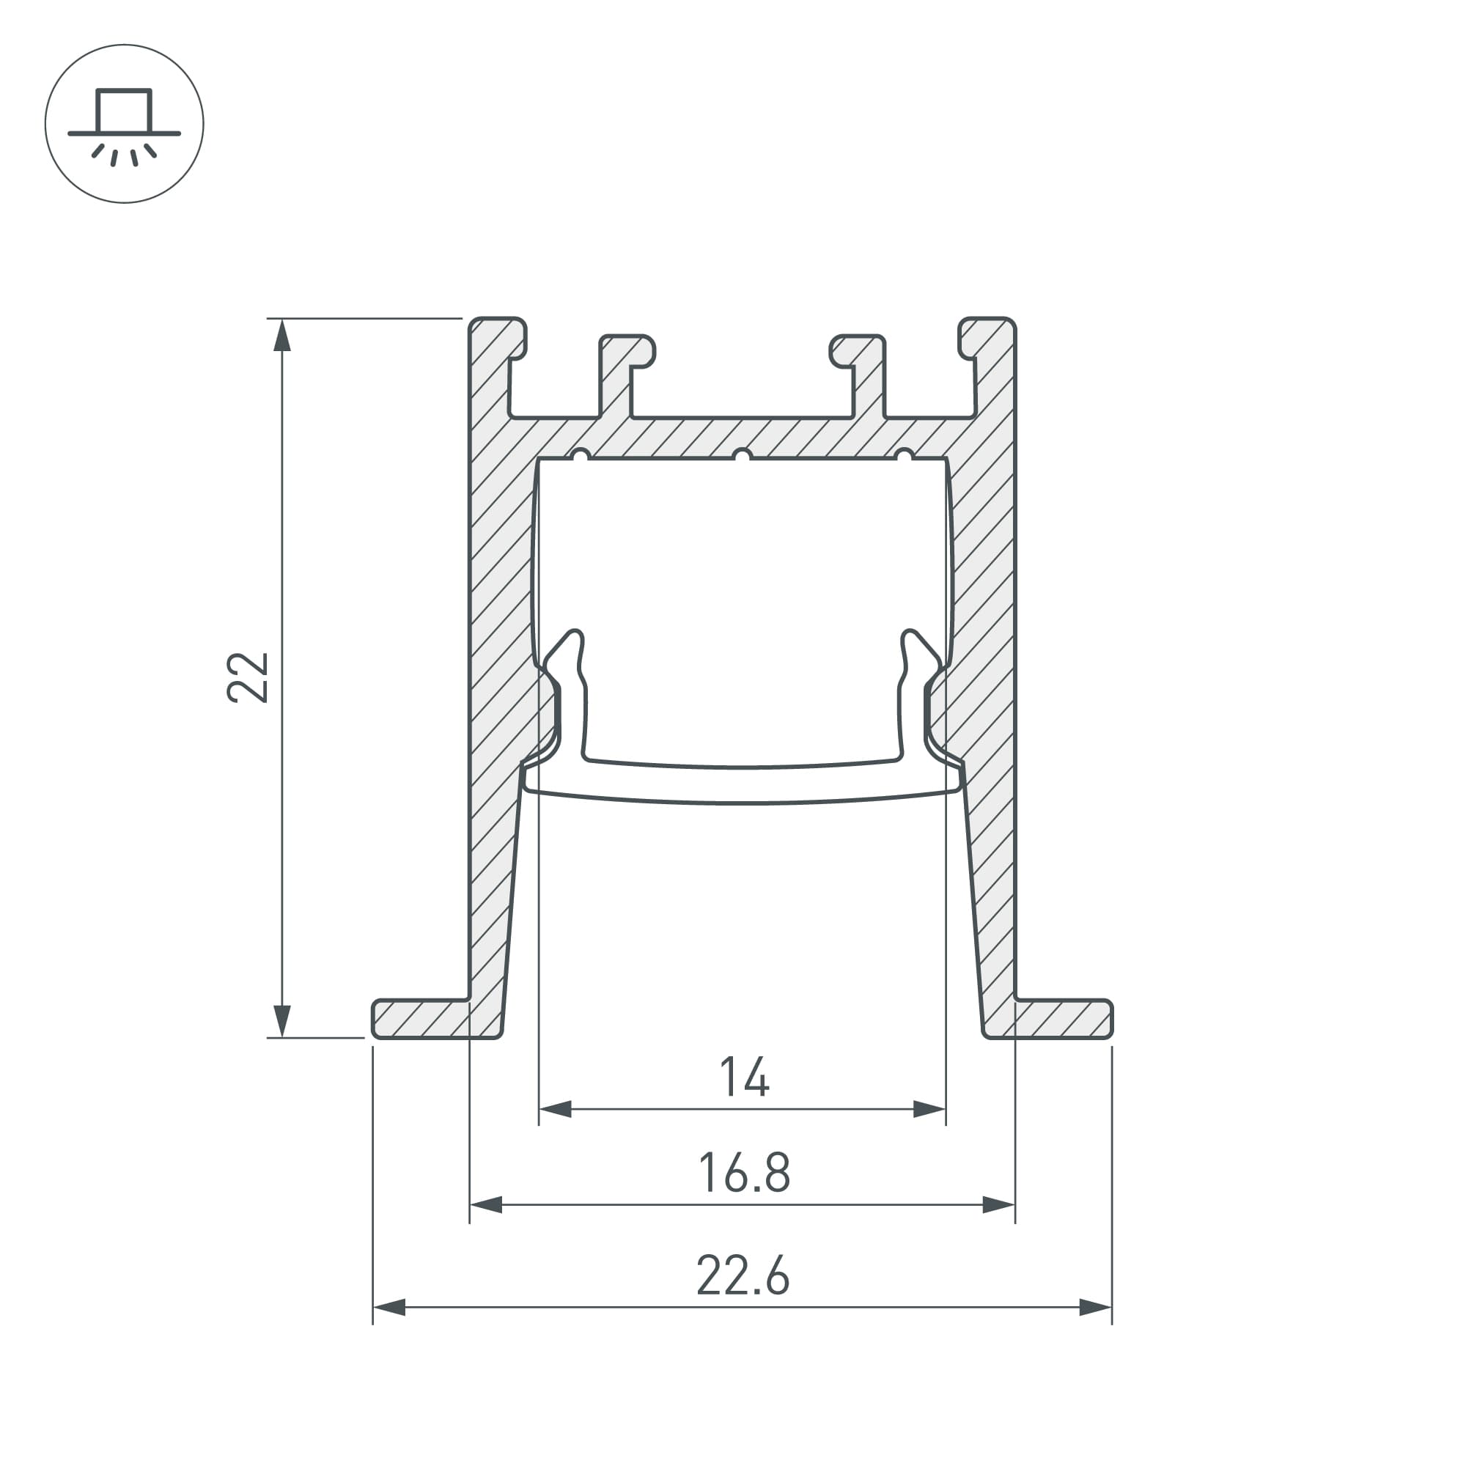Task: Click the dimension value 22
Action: [247, 677]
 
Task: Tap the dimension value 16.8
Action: [743, 1172]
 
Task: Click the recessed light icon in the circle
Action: [125, 124]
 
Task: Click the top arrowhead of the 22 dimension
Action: [282, 336]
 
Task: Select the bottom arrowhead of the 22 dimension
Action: [282, 1020]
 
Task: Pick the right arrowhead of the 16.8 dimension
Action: [998, 1204]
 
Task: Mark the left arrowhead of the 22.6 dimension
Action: [389, 1308]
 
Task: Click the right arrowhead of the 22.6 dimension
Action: [1095, 1308]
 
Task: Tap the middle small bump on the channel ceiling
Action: [742, 455]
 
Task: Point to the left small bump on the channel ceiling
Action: [581, 455]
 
